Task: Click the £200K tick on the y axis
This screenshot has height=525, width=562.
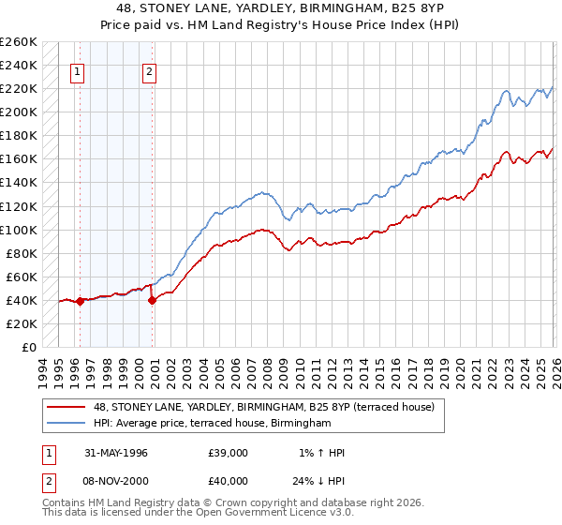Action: click(19, 112)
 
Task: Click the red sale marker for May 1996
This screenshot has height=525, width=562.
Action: click(81, 301)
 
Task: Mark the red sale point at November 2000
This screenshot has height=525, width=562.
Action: click(152, 300)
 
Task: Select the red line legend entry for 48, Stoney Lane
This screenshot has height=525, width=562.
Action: click(263, 408)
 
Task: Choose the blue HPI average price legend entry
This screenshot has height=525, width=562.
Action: click(213, 424)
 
